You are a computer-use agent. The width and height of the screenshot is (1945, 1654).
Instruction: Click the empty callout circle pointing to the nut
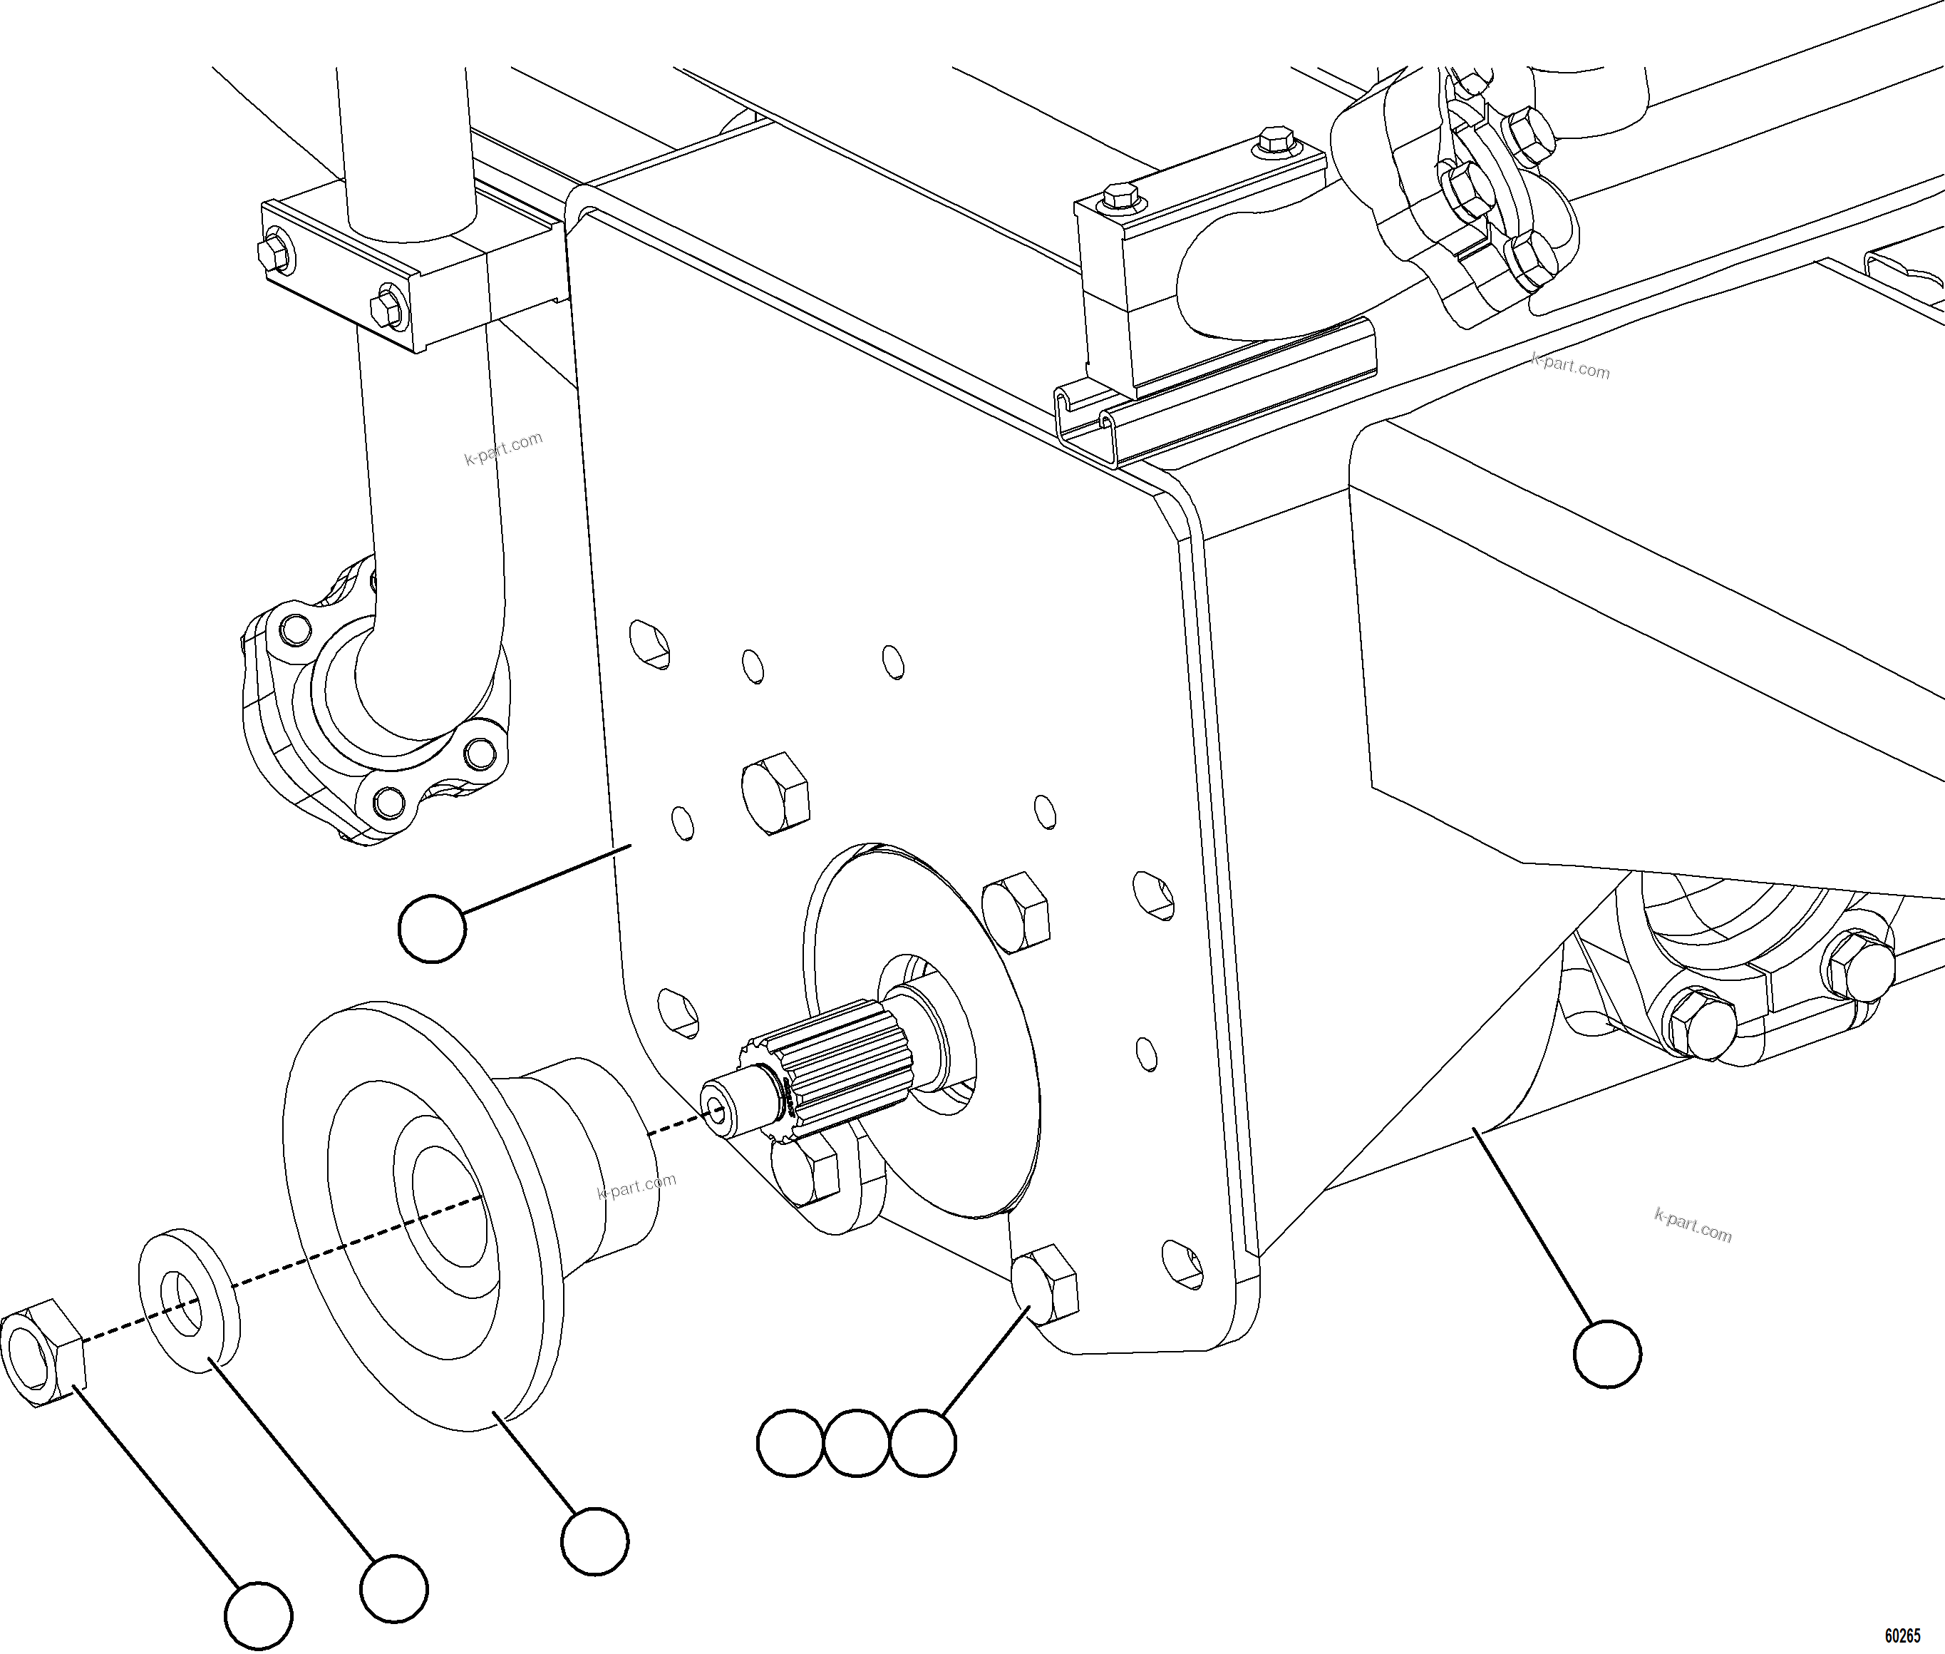pos(259,1615)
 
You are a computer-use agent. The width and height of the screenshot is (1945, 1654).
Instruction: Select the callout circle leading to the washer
pos(393,1588)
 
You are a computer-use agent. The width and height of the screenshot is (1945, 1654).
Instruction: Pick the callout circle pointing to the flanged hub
pos(595,1541)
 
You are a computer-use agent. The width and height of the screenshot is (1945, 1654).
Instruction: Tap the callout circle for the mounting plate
pos(432,928)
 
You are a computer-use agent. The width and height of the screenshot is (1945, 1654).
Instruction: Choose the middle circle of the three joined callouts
pos(857,1443)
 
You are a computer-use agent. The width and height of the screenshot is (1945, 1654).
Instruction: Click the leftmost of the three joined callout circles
pos(791,1443)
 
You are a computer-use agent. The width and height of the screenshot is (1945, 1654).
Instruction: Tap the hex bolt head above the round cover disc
pos(775,792)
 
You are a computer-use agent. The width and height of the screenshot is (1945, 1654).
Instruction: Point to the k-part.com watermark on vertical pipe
pos(503,448)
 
